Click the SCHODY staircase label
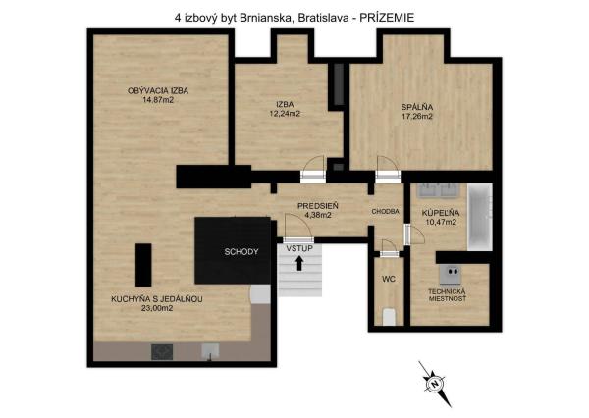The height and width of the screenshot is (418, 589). point(241,251)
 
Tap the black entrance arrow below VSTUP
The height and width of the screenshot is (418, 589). point(299,263)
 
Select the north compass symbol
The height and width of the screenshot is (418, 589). point(435,384)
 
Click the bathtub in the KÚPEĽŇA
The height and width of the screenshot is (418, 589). point(480,217)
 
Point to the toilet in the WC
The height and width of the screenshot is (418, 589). point(389,317)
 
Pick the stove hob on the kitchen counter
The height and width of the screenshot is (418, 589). point(162,352)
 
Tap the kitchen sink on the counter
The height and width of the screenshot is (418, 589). point(210,352)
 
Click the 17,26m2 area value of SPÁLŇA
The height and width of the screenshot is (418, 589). point(417,117)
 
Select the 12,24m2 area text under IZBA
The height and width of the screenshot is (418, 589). point(285,114)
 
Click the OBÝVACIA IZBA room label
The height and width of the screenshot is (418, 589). point(158,91)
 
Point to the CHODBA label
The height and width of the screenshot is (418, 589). point(385,212)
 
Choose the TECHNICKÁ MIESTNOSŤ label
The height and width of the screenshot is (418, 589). point(447,295)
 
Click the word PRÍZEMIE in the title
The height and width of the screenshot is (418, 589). point(387,18)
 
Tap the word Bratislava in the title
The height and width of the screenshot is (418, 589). point(323,18)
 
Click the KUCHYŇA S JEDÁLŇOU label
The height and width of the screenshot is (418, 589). point(157,299)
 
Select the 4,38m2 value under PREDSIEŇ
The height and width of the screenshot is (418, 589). point(318,215)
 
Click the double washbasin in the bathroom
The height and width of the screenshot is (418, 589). point(439,190)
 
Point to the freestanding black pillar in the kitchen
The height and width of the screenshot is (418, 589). point(143,265)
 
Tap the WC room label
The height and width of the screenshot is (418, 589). point(389,279)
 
